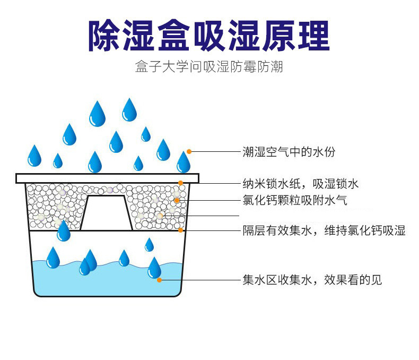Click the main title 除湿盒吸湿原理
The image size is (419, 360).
[x=209, y=36]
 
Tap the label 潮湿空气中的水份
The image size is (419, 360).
[x=289, y=152]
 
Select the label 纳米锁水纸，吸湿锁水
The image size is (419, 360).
[x=301, y=184]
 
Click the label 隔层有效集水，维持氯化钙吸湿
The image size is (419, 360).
[x=324, y=230]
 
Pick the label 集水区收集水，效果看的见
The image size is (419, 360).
[x=312, y=280]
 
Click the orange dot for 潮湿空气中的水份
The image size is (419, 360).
[x=189, y=152]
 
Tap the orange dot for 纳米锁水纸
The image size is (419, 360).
[x=181, y=184]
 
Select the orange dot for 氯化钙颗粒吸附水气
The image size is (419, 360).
[x=177, y=200]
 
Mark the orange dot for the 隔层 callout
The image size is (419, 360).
[x=181, y=230]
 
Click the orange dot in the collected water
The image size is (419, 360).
[x=159, y=279]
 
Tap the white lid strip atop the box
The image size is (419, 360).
[x=107, y=178]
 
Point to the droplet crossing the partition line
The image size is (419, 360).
[x=64, y=232]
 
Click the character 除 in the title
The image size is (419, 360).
[x=105, y=36]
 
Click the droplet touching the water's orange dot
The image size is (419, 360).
[x=154, y=268]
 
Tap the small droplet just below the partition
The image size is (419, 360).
[x=149, y=245]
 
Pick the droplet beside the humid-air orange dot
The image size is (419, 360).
[x=184, y=162]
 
